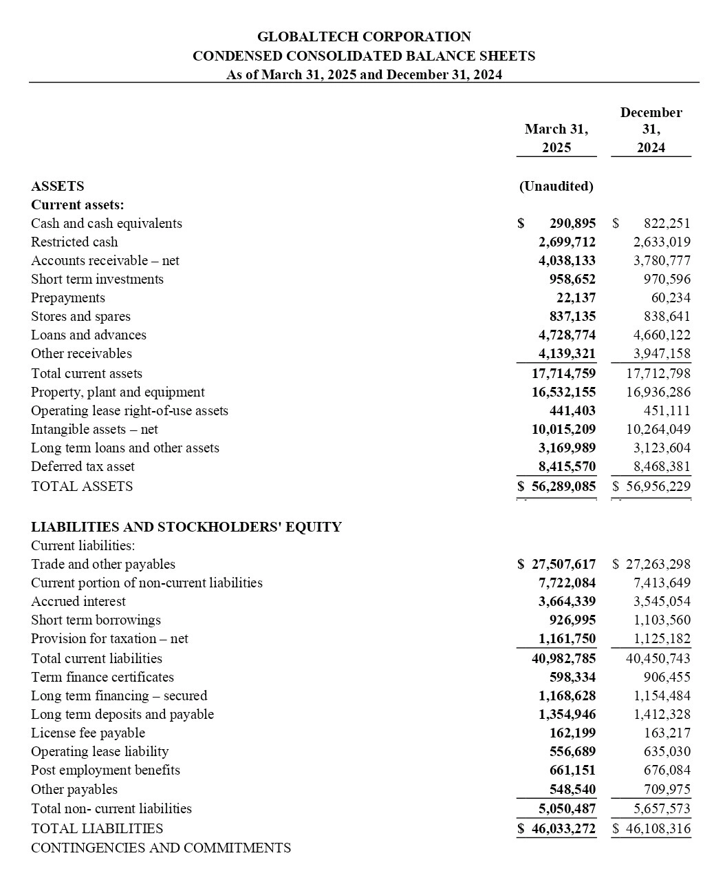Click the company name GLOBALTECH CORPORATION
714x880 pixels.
[364, 36]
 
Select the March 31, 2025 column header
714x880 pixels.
[556, 138]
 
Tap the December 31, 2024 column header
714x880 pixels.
[651, 130]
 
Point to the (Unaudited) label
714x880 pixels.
[556, 186]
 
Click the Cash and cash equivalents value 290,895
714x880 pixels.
[572, 223]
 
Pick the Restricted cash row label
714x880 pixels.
[74, 242]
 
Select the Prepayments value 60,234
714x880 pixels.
[671, 297]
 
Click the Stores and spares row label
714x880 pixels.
[80, 316]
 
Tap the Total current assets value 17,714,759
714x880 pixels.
[563, 373]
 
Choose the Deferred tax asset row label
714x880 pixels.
[83, 466]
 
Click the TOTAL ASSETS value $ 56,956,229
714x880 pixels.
[651, 486]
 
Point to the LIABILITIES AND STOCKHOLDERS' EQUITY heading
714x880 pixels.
[186, 527]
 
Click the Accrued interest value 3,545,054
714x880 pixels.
[662, 601]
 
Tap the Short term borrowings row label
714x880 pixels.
[96, 620]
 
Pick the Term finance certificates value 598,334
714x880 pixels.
[572, 677]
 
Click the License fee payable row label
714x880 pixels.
[88, 733]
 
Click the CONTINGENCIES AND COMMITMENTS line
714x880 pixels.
[161, 848]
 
